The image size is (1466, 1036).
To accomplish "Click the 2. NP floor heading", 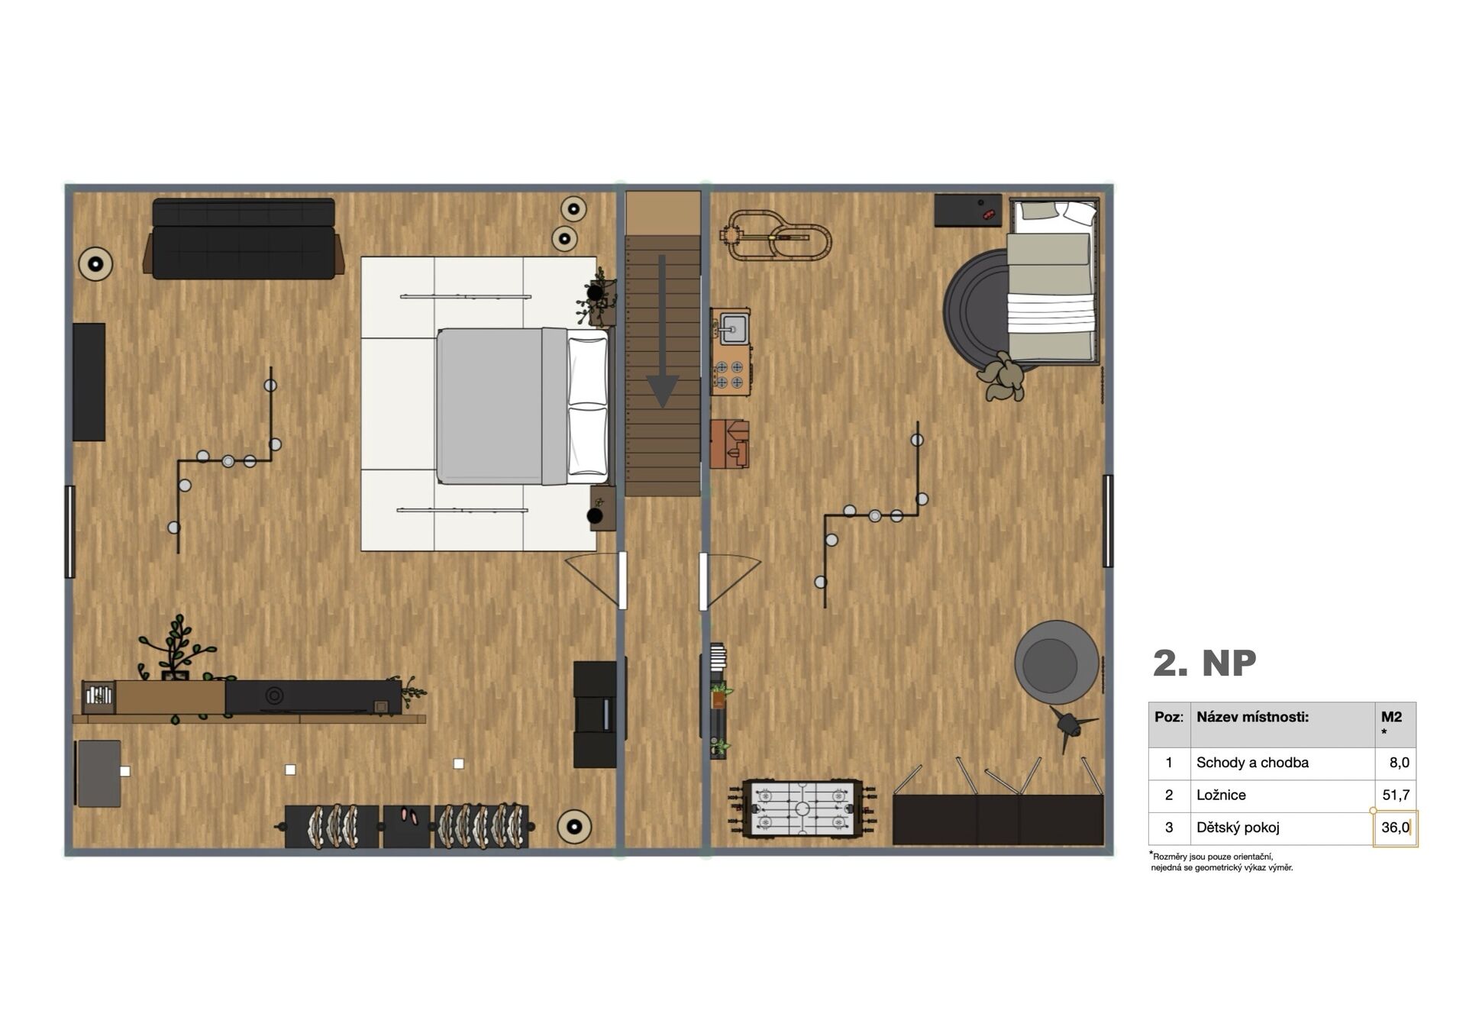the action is pyautogui.click(x=1204, y=663).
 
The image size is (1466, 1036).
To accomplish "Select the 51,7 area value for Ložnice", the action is pyautogui.click(x=1396, y=795).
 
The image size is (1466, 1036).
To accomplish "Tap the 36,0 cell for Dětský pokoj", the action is pyautogui.click(x=1395, y=828).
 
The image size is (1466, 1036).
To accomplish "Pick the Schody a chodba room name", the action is pyautogui.click(x=1252, y=763).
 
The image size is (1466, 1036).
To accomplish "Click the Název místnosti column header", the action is pyautogui.click(x=1252, y=717).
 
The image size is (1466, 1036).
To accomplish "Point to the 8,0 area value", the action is pyautogui.click(x=1399, y=763).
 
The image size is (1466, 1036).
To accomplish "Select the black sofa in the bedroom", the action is pyautogui.click(x=244, y=239).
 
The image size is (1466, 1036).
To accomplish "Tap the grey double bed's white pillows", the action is pyautogui.click(x=588, y=406).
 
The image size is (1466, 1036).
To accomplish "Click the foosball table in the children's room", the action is pyautogui.click(x=802, y=808).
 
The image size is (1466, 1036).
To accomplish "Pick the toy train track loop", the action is pyautogui.click(x=775, y=236).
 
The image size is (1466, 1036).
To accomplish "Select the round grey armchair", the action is pyautogui.click(x=1057, y=662).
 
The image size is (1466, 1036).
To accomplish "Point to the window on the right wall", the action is pyautogui.click(x=1108, y=521).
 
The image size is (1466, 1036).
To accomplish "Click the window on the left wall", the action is pyautogui.click(x=69, y=531).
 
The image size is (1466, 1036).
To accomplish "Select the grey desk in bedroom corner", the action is pyautogui.click(x=98, y=773).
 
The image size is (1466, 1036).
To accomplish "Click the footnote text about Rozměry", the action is pyautogui.click(x=1221, y=862).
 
